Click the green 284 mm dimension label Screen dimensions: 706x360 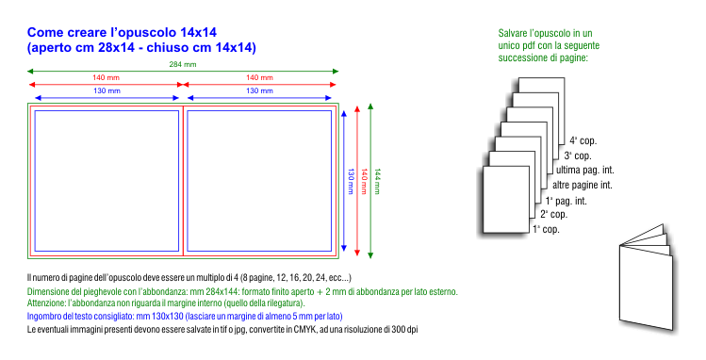tap(183, 64)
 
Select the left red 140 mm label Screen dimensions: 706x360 tap(106, 77)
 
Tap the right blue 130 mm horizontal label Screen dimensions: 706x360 tap(259, 90)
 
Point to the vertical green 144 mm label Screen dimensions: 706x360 tap(377, 181)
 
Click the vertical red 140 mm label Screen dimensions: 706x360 tap(364, 181)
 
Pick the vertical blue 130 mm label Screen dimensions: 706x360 tap(352, 181)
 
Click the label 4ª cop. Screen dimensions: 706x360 tap(583, 140)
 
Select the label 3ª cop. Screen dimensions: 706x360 tap(578, 156)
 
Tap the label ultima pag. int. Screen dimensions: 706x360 tap(585, 170)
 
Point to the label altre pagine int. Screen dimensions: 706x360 tap(583, 185)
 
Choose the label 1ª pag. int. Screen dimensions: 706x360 tap(566, 201)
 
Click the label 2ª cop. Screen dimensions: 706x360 tap(554, 214)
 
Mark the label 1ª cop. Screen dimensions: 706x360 tap(546, 229)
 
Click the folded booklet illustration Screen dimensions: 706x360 tap(647, 277)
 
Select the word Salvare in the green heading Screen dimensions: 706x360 tap(513, 33)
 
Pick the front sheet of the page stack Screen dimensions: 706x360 tap(506, 200)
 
